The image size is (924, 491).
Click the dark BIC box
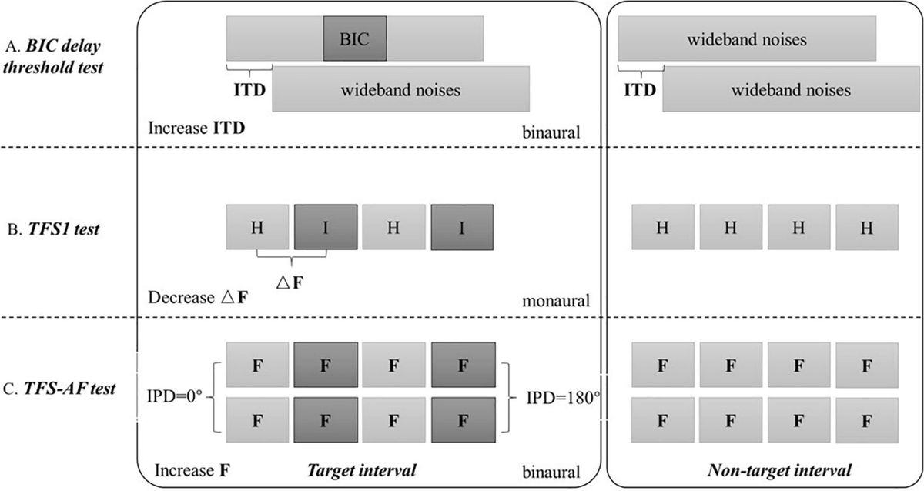354,38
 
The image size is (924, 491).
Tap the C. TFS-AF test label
65,388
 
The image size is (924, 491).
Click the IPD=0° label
174,399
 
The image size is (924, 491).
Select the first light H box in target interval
257,226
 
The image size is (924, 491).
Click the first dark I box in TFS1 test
326,226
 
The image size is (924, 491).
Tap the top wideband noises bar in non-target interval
747,38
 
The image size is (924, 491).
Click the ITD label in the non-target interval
641,89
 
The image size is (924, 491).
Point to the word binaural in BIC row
550,134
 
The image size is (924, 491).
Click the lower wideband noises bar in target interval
400,90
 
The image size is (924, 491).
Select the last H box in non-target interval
866,227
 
